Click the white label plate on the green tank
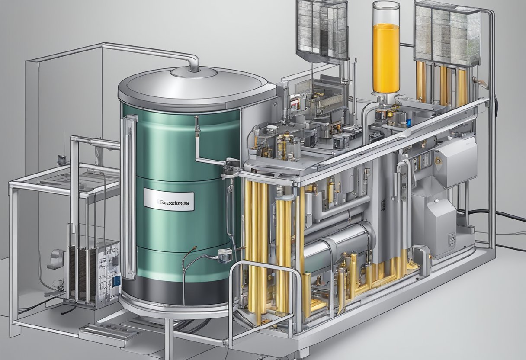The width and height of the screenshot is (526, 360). [x=169, y=201]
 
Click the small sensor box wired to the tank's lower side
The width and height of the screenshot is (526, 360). [x=225, y=255]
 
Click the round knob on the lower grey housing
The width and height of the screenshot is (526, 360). [x=452, y=238]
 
